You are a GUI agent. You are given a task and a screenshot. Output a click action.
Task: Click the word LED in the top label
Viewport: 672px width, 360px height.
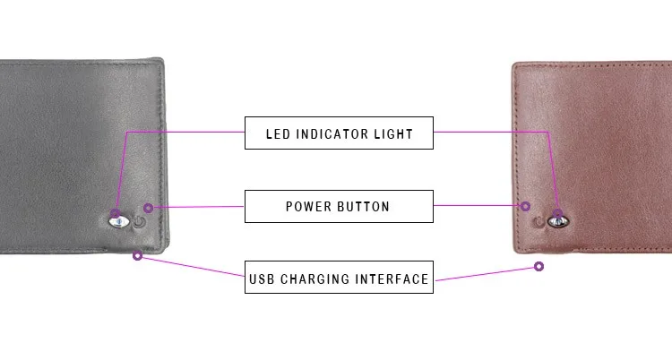[279, 134]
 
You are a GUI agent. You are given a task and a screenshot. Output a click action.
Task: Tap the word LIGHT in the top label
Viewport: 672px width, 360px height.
[393, 134]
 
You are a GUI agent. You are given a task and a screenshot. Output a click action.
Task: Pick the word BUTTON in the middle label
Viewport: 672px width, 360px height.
[364, 207]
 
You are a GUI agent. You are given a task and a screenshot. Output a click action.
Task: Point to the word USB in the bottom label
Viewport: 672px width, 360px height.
[263, 279]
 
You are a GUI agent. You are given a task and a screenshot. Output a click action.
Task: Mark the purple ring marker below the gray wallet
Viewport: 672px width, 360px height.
[137, 255]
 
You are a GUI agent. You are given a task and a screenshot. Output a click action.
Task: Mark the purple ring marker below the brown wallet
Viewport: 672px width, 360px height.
[539, 266]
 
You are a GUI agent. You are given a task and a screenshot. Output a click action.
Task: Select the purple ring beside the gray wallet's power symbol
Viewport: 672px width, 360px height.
[148, 208]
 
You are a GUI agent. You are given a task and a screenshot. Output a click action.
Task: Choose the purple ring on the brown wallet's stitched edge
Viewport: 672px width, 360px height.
[526, 205]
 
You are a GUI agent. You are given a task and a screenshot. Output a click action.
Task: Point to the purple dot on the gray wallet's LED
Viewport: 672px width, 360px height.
[116, 215]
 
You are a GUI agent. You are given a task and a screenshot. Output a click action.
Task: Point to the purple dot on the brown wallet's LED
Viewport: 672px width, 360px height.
[557, 215]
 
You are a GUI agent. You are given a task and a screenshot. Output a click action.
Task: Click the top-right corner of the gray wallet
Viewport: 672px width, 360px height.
[162, 61]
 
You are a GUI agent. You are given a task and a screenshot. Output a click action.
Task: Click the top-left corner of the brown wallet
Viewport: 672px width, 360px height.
[515, 64]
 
